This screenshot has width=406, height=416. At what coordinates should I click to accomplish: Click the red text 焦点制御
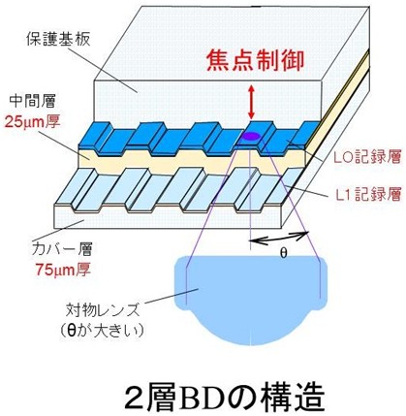(x=256, y=61)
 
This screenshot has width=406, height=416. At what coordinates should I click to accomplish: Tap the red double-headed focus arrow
(x=251, y=101)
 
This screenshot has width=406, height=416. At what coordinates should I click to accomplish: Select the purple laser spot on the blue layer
(x=252, y=136)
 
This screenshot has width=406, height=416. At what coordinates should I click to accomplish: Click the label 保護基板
(x=58, y=39)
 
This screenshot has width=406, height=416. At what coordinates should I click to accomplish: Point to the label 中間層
(x=32, y=101)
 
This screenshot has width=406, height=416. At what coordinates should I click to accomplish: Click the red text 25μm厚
(x=32, y=122)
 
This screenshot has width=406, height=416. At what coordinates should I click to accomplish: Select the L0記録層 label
(x=367, y=157)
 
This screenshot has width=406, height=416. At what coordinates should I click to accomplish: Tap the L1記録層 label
(x=368, y=194)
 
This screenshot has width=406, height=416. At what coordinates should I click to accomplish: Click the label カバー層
(x=62, y=249)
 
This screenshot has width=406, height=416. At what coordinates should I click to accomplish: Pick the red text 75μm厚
(x=63, y=270)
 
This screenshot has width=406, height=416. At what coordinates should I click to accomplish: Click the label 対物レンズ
(x=103, y=310)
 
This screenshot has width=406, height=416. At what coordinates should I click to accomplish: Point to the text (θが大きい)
(x=102, y=331)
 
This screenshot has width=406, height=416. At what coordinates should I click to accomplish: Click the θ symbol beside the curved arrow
(x=283, y=253)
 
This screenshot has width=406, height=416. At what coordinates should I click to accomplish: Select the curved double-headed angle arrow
(x=278, y=238)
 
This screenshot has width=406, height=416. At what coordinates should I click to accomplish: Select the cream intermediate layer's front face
(x=192, y=161)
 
